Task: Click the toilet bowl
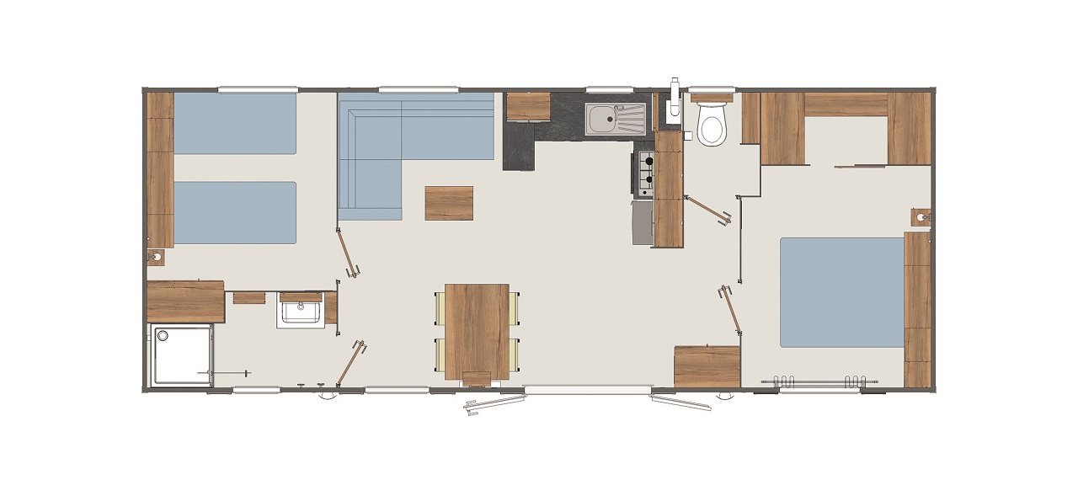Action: (x=712, y=127)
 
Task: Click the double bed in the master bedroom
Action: (x=841, y=292)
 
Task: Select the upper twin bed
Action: (x=235, y=123)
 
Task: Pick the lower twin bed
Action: (x=235, y=212)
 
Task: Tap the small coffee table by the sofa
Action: (x=449, y=203)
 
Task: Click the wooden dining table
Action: (x=477, y=330)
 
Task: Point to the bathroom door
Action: (x=350, y=363)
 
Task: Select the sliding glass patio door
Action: (x=587, y=390)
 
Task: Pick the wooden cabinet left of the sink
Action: (x=528, y=106)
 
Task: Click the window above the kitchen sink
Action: (x=609, y=89)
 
